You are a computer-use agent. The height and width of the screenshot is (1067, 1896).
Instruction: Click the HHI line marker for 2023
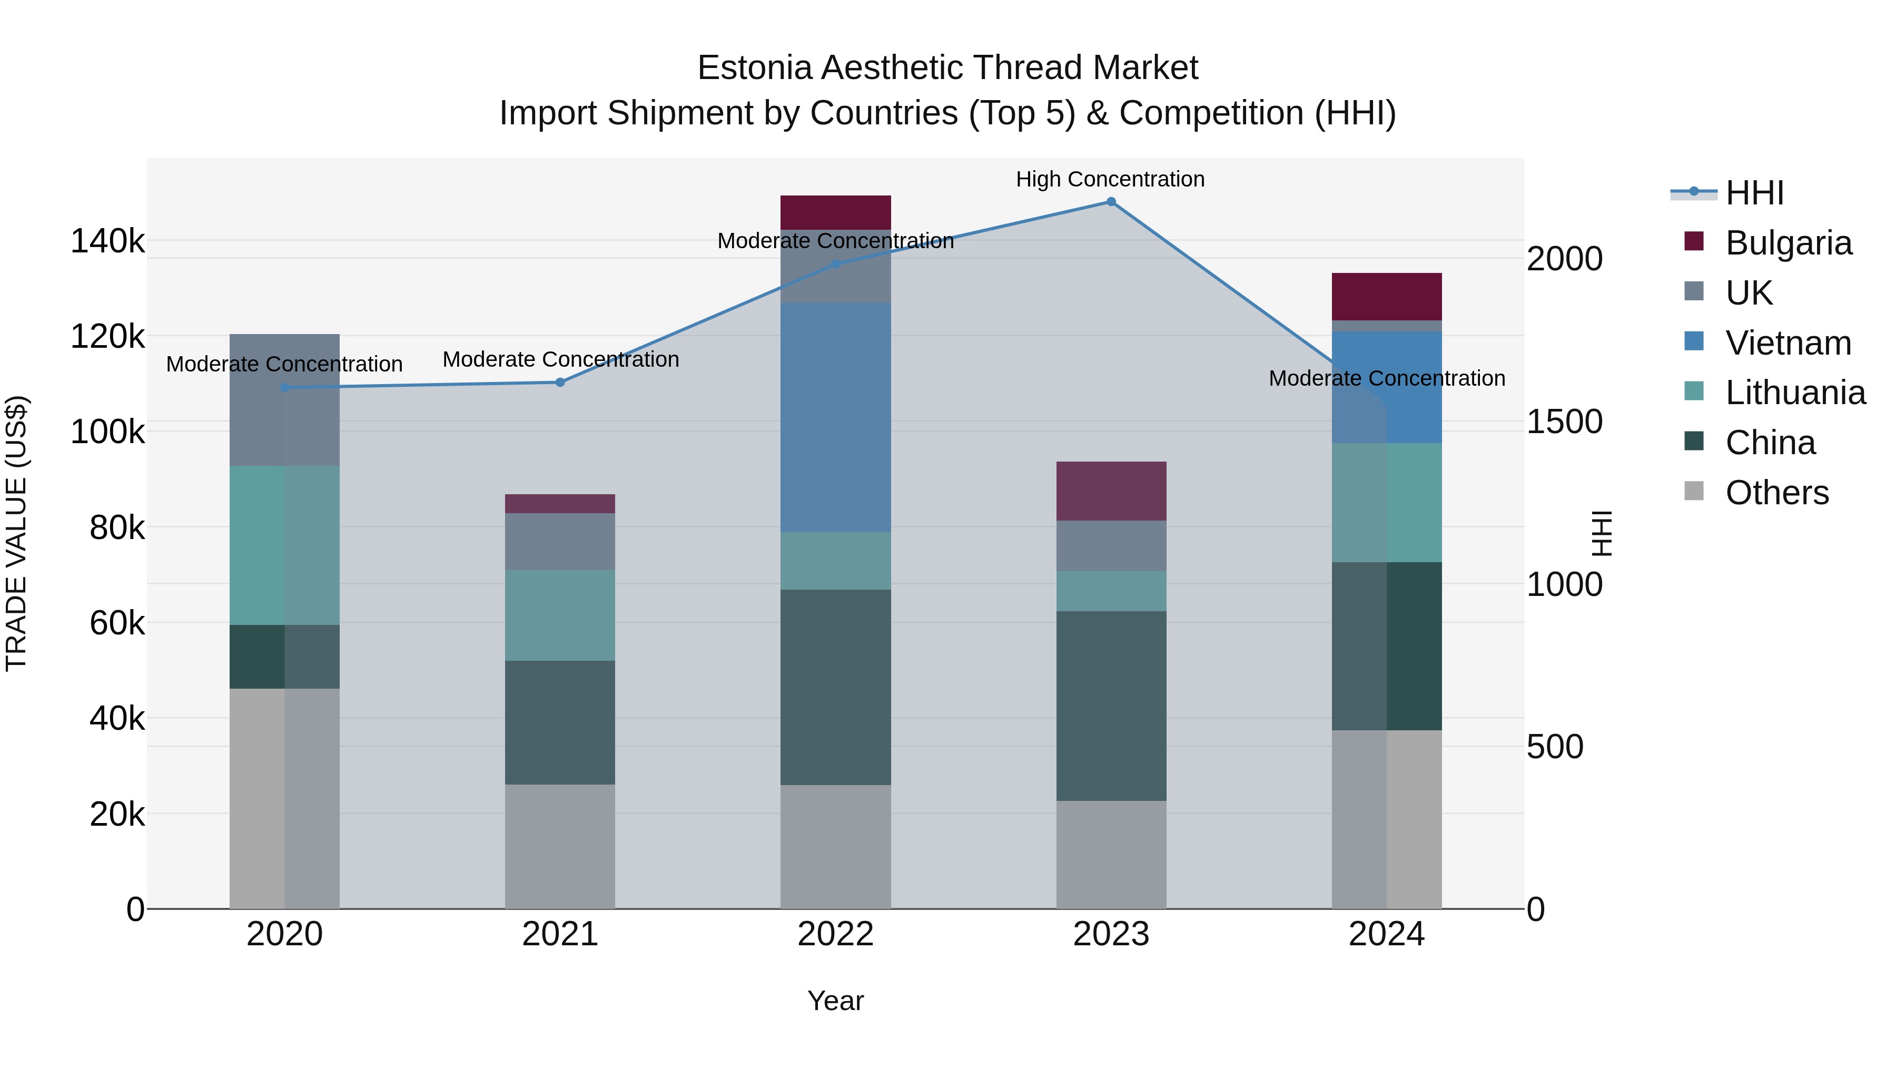(1111, 202)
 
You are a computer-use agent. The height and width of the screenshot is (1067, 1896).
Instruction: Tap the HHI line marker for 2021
(560, 382)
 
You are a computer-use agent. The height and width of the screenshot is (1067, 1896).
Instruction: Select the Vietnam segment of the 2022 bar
(835, 417)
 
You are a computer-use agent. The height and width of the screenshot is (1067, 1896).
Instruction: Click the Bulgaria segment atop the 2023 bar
(1111, 491)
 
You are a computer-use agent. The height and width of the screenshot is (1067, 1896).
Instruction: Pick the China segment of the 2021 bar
(560, 722)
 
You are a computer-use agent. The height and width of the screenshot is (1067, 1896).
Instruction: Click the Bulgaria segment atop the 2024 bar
(1386, 296)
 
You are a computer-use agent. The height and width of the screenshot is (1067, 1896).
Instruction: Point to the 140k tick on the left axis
(107, 241)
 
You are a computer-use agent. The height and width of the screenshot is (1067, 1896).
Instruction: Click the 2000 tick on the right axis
(1564, 259)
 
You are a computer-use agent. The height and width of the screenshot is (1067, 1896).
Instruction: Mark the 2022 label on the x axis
(835, 934)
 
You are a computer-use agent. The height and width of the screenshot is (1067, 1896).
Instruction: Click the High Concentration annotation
(1110, 179)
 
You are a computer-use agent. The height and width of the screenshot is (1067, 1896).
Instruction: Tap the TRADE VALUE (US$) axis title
(16, 533)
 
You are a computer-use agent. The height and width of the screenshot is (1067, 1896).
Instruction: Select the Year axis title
(835, 1001)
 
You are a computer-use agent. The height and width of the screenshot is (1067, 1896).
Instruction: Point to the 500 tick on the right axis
(1555, 747)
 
